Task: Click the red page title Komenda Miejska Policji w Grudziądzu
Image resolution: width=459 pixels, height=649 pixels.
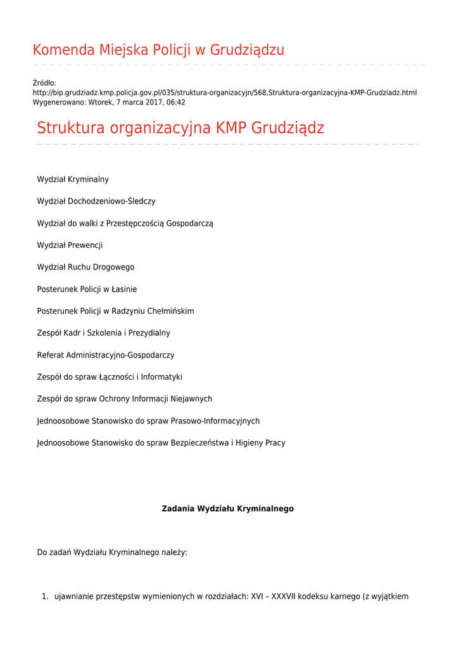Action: pyautogui.click(x=158, y=50)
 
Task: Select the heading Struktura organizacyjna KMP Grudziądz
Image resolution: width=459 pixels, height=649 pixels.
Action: pyautogui.click(x=180, y=128)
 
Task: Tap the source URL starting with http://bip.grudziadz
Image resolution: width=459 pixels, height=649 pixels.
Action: pyautogui.click(x=224, y=93)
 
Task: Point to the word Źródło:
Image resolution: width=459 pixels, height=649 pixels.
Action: pyautogui.click(x=44, y=83)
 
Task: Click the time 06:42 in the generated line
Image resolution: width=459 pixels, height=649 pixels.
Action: pyautogui.click(x=175, y=102)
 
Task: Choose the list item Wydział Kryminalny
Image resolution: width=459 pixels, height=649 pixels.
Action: pyautogui.click(x=73, y=179)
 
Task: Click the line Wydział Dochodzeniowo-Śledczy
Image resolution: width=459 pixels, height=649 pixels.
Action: pyautogui.click(x=96, y=202)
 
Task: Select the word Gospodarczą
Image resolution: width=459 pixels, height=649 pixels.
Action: pyautogui.click(x=189, y=224)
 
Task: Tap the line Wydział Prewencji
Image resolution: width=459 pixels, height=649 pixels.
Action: pyautogui.click(x=70, y=245)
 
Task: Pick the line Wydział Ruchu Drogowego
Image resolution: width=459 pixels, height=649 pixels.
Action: pyautogui.click(x=85, y=267)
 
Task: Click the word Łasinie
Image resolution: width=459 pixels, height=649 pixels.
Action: pyautogui.click(x=124, y=290)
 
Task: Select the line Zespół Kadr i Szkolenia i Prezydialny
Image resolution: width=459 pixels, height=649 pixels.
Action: pyautogui.click(x=103, y=333)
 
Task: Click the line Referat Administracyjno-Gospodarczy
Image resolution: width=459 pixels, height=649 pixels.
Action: pyautogui.click(x=106, y=356)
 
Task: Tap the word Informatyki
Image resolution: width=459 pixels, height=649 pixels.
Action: pyautogui.click(x=161, y=377)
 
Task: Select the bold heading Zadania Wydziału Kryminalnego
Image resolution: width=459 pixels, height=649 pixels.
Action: pyautogui.click(x=228, y=509)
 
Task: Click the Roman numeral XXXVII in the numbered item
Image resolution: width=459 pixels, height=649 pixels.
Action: pyautogui.click(x=283, y=596)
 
